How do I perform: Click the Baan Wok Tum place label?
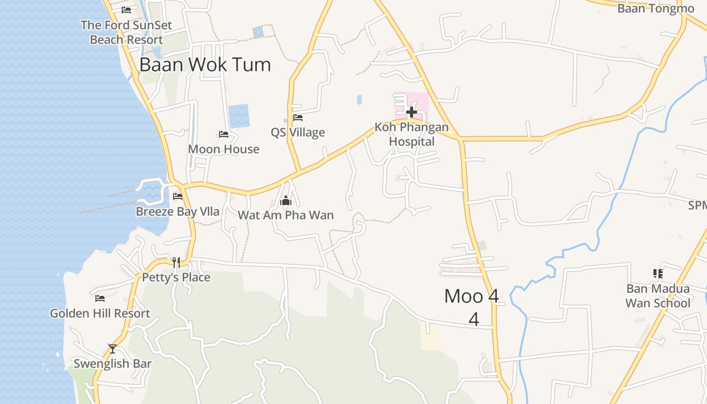205,65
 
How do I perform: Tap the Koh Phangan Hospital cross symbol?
412,112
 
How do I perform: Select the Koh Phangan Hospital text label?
412,134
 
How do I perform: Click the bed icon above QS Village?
298,118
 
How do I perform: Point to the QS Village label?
298,132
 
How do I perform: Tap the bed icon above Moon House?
224,134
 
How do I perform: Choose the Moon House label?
224,149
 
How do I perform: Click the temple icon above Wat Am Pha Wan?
286,201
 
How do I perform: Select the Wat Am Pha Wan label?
286,215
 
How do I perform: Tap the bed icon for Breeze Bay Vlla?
178,196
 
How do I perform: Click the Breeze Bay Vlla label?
178,211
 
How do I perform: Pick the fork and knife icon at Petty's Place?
176,262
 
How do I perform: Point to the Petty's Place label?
176,277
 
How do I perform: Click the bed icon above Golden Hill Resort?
100,298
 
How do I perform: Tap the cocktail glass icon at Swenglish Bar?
112,349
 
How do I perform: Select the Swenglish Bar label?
112,364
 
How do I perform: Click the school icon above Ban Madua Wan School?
658,274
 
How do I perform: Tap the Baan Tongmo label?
655,9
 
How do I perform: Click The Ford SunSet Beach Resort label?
126,32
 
